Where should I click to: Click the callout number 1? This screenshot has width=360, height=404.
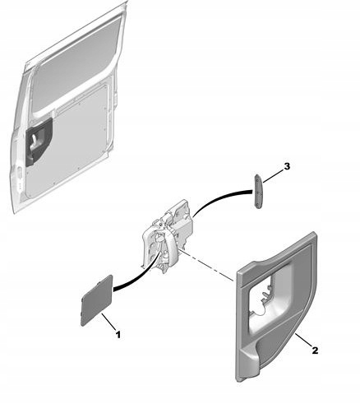[x=118, y=335]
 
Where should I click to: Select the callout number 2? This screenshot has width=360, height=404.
[x=315, y=351]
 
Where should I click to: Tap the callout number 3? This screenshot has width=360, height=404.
[x=287, y=166]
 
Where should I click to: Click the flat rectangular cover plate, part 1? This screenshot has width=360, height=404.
[x=97, y=300]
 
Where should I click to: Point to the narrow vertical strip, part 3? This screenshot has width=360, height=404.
[x=259, y=192]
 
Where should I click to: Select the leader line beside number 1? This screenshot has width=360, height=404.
[x=108, y=322]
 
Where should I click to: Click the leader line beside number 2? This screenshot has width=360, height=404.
[x=302, y=340]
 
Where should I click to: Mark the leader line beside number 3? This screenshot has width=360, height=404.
[x=273, y=176]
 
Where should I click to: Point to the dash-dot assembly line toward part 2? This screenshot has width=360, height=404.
[x=207, y=265]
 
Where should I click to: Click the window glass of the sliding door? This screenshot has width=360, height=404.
[x=76, y=64]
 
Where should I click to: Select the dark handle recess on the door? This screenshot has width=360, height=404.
[x=39, y=142]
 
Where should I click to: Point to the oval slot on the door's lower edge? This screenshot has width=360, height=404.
[x=20, y=174]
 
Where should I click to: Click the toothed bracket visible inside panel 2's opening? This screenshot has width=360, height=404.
[x=267, y=295]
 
